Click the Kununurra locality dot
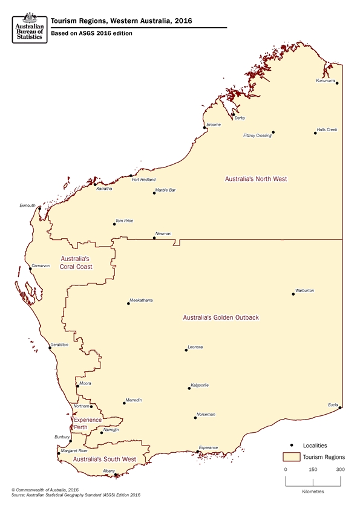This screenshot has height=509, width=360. (x=337, y=83)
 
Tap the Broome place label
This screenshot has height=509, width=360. (x=214, y=125)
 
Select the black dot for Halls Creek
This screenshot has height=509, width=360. (x=315, y=132)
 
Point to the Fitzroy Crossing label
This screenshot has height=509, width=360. (x=257, y=136)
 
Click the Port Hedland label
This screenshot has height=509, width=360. (x=143, y=180)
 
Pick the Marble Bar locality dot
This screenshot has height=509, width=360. (x=154, y=193)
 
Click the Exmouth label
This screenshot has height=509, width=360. (x=28, y=206)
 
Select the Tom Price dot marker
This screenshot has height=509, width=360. (x=114, y=224)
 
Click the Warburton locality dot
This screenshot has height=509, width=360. (x=293, y=294)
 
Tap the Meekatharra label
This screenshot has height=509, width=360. (x=141, y=300)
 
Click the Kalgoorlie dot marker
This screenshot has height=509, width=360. (x=188, y=389)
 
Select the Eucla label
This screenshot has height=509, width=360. (x=333, y=404)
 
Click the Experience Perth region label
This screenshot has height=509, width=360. (x=88, y=423)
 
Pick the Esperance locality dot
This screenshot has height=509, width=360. (x=198, y=452)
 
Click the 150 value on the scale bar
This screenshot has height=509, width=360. (x=313, y=470)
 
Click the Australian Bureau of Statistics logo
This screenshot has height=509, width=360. (x=28, y=27)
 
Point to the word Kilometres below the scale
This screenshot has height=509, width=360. (x=313, y=491)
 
